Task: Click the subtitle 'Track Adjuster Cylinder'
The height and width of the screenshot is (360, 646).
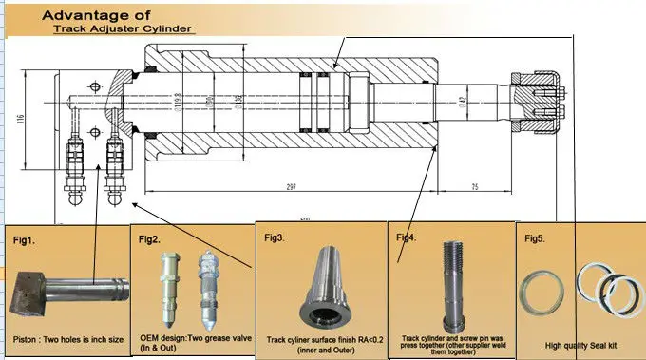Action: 123,28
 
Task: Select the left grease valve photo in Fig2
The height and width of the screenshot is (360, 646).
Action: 172,285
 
